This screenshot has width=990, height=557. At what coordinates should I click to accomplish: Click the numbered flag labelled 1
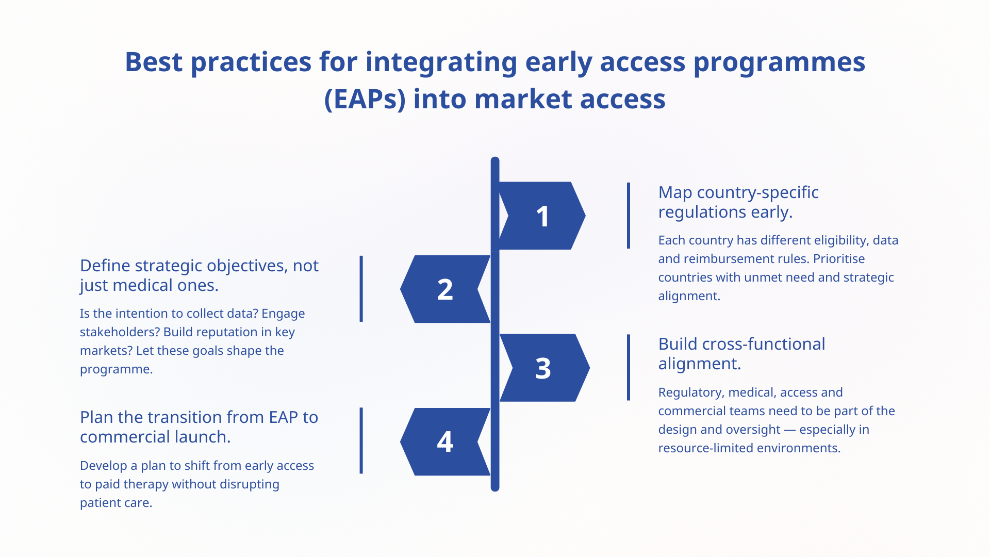point(542,216)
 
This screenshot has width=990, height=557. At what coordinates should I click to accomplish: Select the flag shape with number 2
point(445,289)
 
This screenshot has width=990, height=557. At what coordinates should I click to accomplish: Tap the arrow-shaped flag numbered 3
point(543,368)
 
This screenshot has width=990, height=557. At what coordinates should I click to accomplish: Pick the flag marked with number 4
point(445,441)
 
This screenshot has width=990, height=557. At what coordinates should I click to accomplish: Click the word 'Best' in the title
point(154,62)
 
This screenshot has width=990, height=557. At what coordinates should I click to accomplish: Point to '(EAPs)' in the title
point(365,99)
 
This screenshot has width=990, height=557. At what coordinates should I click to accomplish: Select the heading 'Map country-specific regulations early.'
point(738,202)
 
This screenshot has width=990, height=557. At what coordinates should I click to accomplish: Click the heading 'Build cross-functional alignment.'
point(741,354)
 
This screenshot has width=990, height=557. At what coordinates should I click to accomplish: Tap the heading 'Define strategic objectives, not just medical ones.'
point(199,275)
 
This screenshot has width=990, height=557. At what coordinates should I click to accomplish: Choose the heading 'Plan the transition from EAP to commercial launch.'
point(199,427)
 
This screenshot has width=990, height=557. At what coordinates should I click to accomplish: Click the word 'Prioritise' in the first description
point(839,259)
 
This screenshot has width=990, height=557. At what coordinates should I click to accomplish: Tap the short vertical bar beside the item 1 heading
point(629,216)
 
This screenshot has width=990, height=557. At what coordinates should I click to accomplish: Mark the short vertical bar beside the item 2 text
point(361,289)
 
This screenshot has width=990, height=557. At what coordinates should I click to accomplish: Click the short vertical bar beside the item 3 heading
point(629,367)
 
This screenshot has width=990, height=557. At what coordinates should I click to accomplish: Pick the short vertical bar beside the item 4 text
point(361,441)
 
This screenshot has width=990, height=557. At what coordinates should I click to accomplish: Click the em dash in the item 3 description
point(789,430)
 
